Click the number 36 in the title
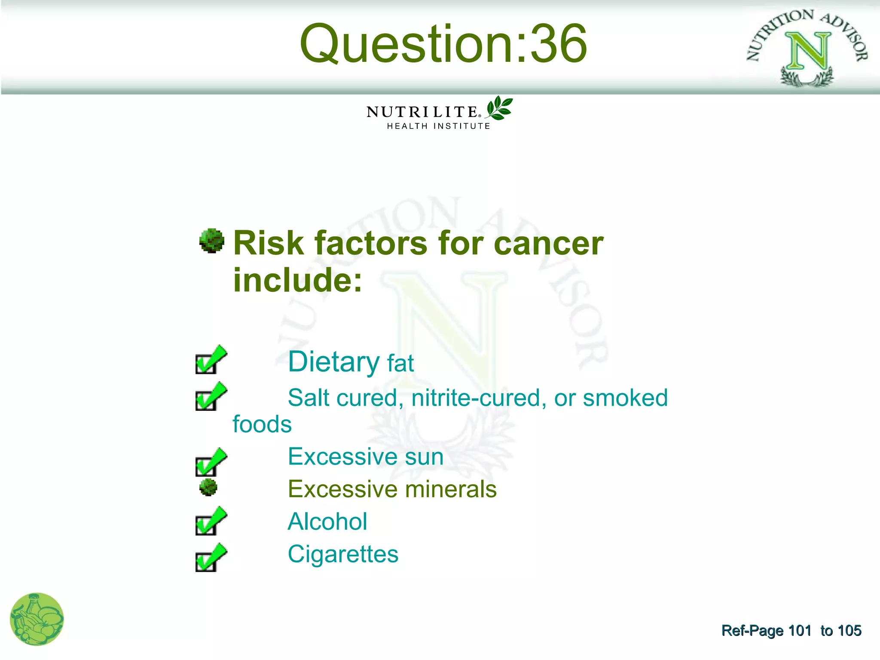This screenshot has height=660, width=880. point(558,44)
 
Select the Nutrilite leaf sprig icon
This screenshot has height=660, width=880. point(499,108)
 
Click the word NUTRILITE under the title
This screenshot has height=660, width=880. point(422,112)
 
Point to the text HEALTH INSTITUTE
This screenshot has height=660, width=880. point(438,126)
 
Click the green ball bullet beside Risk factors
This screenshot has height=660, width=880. point(212,241)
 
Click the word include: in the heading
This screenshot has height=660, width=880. point(297,280)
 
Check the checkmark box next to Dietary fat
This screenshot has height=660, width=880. point(209,361)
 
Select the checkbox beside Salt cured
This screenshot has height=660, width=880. point(209,397)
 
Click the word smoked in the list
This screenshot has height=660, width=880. point(625,398)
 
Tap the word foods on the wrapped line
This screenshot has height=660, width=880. point(262,425)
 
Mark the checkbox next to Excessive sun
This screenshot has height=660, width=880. point(209,463)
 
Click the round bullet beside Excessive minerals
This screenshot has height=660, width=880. point(208,488)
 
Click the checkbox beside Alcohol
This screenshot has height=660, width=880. point(209,522)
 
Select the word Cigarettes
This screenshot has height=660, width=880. point(343,554)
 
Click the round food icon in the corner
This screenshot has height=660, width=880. point(37,619)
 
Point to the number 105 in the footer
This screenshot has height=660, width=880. point(849,630)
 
